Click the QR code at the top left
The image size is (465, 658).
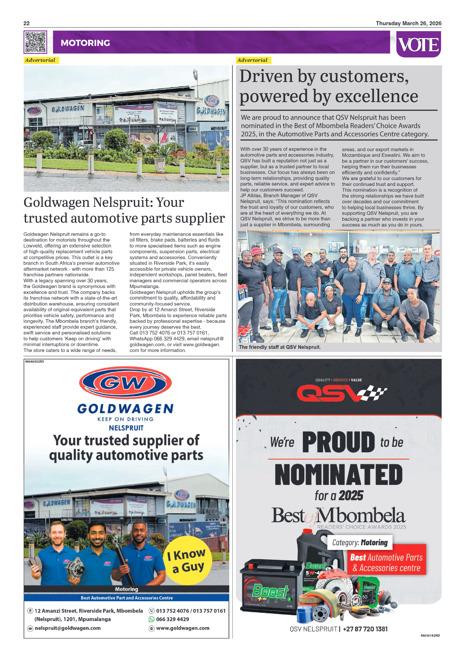click(x=35, y=42)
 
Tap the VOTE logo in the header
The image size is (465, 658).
click(x=418, y=45)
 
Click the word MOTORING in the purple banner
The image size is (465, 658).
click(x=85, y=43)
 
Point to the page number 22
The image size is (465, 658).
click(x=27, y=23)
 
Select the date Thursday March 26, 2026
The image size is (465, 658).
click(x=409, y=23)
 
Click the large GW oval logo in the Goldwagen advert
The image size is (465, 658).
click(x=125, y=383)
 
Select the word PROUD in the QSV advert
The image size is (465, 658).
click(x=338, y=442)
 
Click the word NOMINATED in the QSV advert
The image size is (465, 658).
click(x=338, y=475)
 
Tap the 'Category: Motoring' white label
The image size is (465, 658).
click(x=360, y=542)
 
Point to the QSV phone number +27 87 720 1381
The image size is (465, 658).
click(x=365, y=629)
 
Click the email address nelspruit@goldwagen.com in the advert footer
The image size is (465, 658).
click(x=68, y=628)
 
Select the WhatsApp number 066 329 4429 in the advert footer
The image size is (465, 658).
click(x=172, y=619)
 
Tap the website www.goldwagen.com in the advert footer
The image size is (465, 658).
click(x=183, y=628)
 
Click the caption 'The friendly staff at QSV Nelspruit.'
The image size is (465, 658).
click(x=280, y=347)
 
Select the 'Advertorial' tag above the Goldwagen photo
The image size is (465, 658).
click(x=40, y=60)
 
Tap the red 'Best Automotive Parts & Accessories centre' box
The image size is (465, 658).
click(x=387, y=562)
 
